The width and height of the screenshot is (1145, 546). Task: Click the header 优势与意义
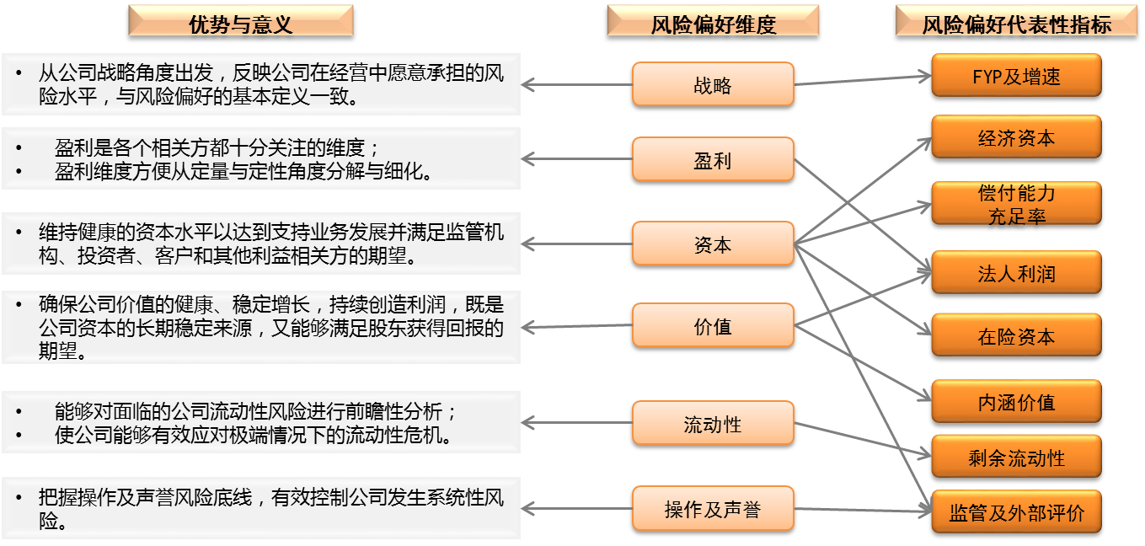coord(240,21)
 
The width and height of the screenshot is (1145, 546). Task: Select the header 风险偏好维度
coord(713,21)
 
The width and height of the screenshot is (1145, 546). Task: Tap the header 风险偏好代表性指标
coord(1016,21)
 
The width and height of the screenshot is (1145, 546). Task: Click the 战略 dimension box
coord(713,84)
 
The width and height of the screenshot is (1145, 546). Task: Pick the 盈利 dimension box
coord(713,159)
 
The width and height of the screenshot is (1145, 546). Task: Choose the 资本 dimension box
coord(713,244)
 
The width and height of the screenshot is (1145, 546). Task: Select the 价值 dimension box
coord(713,325)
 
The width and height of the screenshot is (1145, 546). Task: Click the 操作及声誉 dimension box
coord(713,508)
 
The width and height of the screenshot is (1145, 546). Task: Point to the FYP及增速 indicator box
coord(1016,76)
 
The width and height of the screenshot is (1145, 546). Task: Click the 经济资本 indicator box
coord(1016,137)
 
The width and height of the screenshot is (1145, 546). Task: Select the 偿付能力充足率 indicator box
coord(1016,203)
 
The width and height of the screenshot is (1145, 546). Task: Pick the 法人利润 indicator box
coord(1016,273)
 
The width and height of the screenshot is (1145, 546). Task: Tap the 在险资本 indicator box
coord(1016,335)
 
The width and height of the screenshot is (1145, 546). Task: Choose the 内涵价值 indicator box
coord(1016,401)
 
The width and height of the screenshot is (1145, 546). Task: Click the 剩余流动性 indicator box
coord(1016,457)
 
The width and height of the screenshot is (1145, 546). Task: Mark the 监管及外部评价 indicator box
coord(1016,511)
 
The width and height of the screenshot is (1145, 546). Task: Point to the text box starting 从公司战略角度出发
coord(260,84)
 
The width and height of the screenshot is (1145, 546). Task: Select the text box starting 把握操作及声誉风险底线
coord(260,508)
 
